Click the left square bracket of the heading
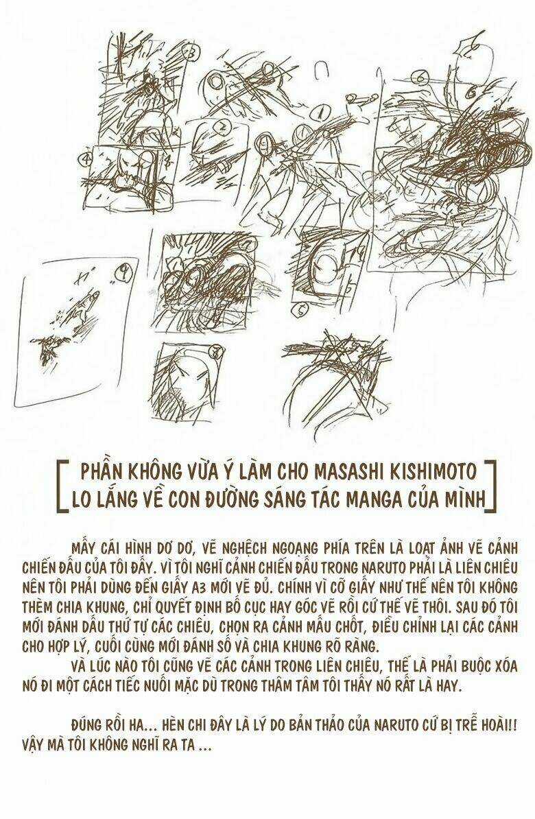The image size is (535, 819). pyautogui.click(x=63, y=484)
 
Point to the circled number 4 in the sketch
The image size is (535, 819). pyautogui.click(x=87, y=158)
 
